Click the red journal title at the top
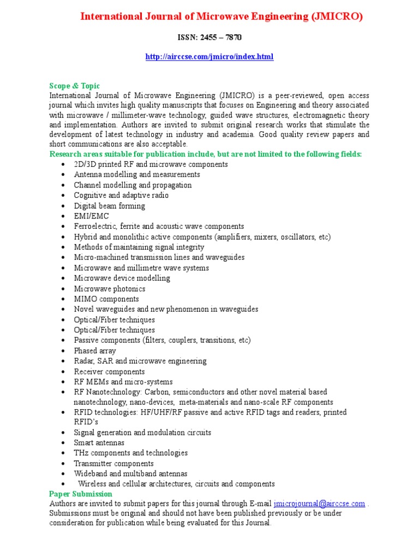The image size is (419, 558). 221,17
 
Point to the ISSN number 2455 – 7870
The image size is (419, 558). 209,38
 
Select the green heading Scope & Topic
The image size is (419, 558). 75,86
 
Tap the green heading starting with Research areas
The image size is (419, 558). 206,154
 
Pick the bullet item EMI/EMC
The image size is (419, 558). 91,216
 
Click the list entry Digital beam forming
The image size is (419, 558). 109,206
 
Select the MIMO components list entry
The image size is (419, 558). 106,299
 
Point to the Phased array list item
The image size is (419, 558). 95,350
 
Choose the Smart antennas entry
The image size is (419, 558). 99,442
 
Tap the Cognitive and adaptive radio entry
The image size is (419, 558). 121,195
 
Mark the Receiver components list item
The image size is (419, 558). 110,371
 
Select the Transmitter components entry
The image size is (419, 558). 113,463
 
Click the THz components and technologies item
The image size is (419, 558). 130,453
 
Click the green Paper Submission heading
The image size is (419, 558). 81,494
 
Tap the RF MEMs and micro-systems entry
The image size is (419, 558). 123,381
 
